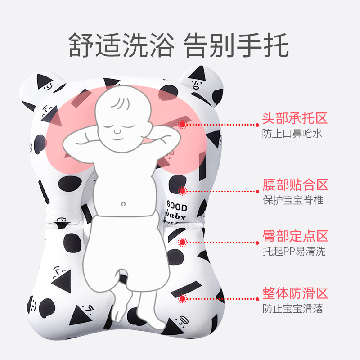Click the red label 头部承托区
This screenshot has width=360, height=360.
coord(295,119)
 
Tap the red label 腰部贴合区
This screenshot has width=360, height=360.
coord(295,184)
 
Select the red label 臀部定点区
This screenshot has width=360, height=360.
coord(295,236)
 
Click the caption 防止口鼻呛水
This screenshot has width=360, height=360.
coord(292,134)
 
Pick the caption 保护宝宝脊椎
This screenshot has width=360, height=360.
coord(292,200)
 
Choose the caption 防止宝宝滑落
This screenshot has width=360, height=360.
coord(292,309)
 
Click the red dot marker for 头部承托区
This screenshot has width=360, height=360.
coord(182,124)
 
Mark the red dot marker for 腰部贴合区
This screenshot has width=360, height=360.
coord(182,191)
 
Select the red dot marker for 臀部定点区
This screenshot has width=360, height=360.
coord(182,242)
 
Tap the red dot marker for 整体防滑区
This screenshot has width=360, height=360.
coord(182,298)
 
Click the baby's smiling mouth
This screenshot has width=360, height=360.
coord(118,132)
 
